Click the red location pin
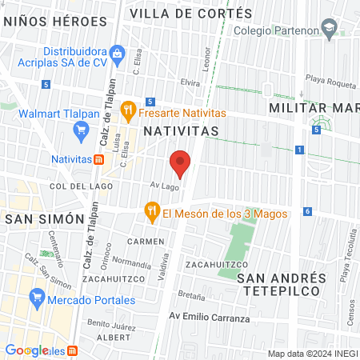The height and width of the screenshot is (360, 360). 180,163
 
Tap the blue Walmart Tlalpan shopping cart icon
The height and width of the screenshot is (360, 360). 80,129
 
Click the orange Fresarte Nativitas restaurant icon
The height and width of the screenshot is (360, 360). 127,110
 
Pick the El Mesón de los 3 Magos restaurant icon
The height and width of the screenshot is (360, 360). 151,212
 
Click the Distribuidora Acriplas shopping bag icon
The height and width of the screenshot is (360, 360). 118,54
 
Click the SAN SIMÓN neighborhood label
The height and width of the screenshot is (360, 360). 45,218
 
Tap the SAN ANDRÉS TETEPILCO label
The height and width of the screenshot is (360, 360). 282,284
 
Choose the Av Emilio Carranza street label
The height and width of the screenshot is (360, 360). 209,318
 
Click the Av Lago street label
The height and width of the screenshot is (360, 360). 165,186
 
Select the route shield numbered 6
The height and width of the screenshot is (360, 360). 308,211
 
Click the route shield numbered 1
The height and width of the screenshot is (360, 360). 299,150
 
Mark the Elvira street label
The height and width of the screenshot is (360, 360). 190,82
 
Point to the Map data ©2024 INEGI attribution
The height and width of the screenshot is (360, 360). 311,354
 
